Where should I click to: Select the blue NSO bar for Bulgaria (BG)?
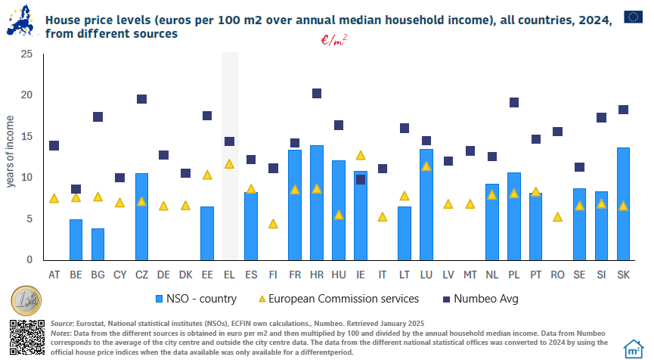[98, 244]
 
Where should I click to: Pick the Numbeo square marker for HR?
[317, 94]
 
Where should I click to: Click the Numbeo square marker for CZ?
[141, 99]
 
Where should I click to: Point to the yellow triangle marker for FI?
[273, 224]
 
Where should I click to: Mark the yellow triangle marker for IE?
[361, 155]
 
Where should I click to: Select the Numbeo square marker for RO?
[558, 132]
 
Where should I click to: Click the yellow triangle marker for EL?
[229, 163]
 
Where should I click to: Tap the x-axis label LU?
[426, 274]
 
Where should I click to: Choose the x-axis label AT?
[54, 274]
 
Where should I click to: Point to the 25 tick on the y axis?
[27, 54]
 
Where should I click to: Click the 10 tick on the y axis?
[27, 178]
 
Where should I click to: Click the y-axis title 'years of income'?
[11, 151]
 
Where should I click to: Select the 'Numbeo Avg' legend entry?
[473, 298]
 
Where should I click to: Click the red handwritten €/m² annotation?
[334, 41]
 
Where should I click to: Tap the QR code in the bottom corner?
[26, 337]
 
